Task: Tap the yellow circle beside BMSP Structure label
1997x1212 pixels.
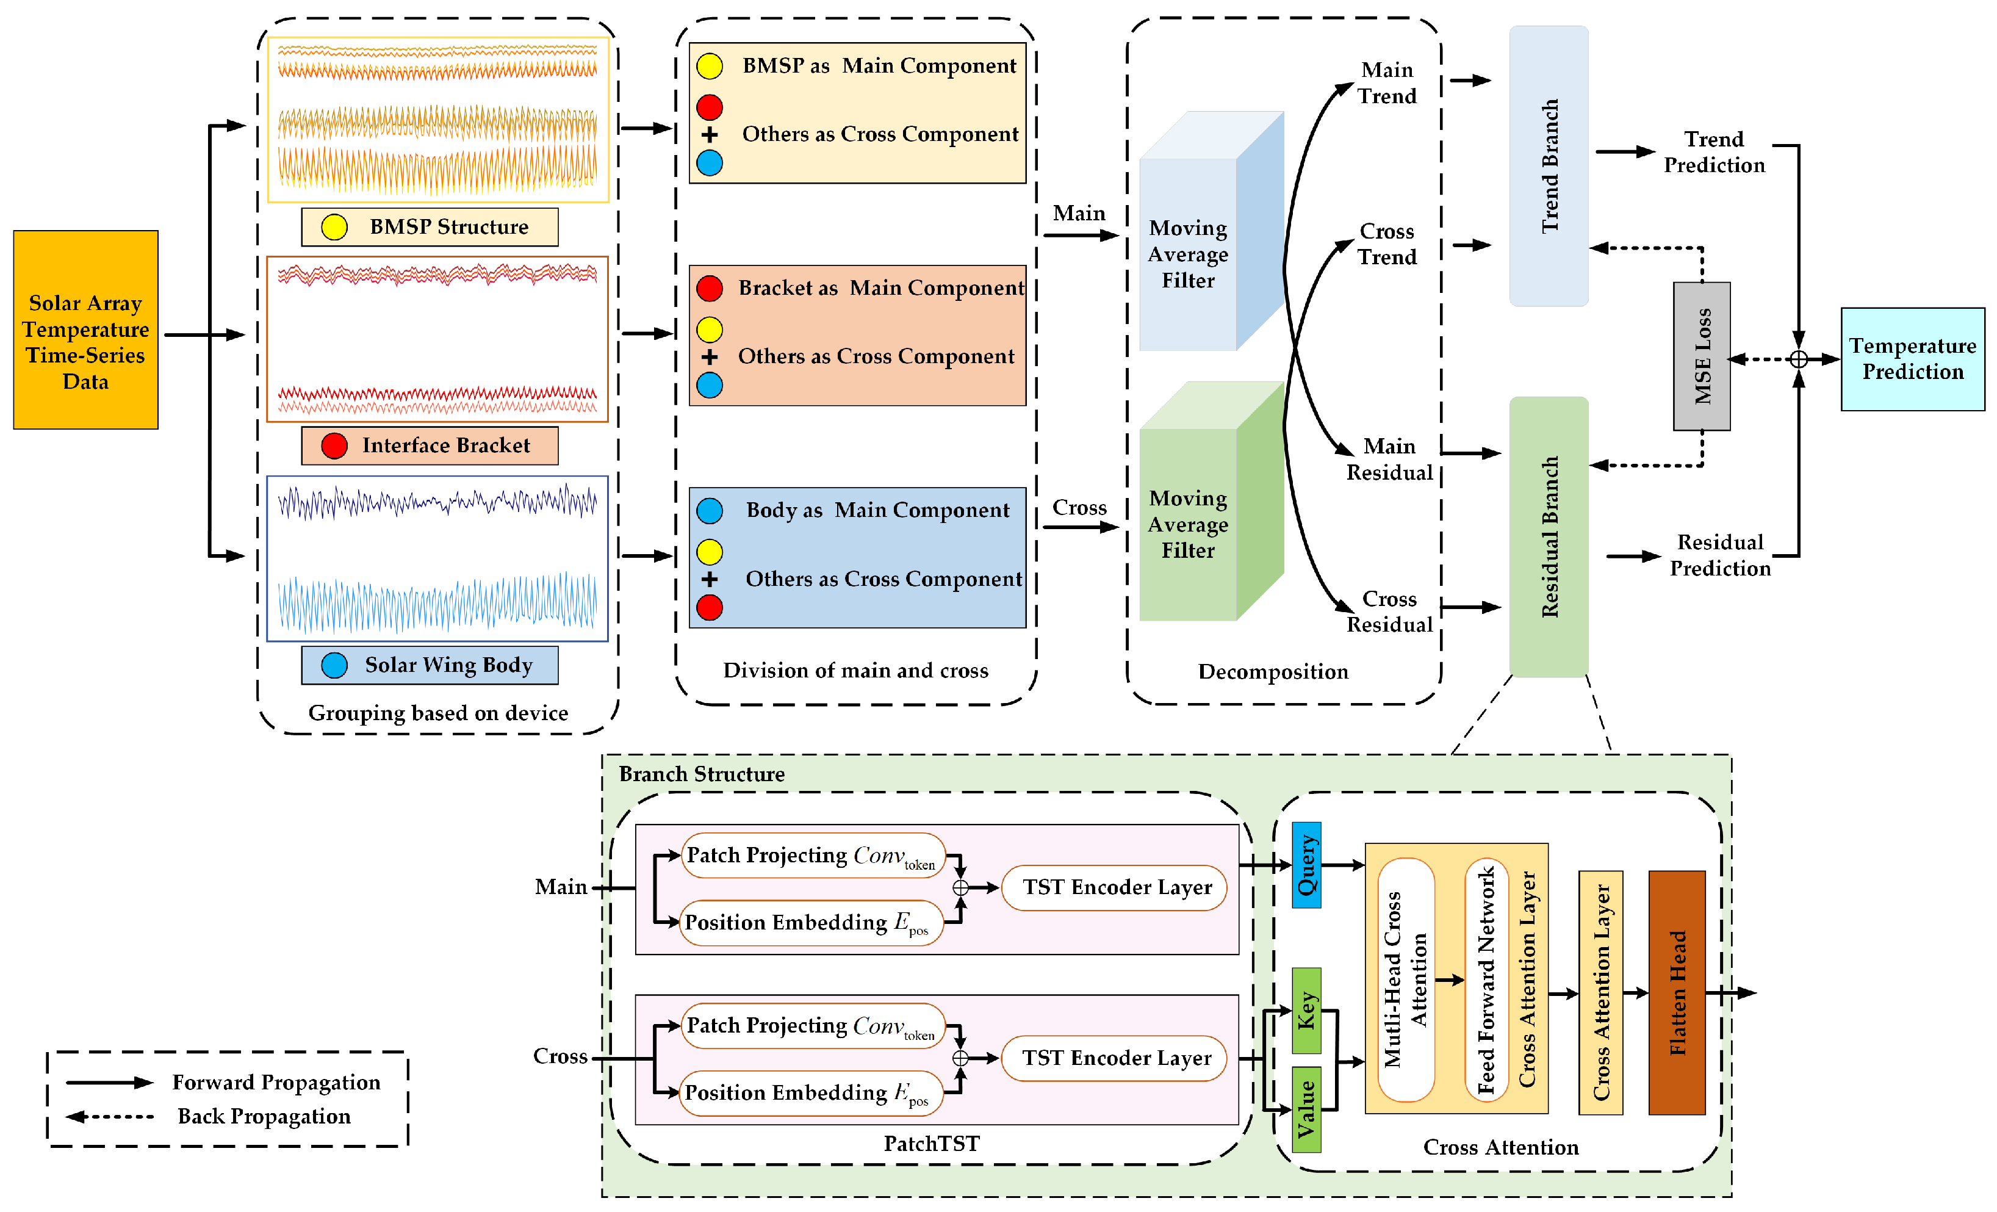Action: (x=334, y=227)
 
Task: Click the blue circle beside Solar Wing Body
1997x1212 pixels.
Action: (x=334, y=665)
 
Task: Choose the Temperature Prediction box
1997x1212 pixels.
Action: (x=1912, y=358)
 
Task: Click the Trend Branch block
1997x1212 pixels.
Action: (x=1548, y=166)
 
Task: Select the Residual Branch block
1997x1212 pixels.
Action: (x=1548, y=536)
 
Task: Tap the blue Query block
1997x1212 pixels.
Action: (x=1306, y=864)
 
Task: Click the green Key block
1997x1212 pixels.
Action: (x=1306, y=1010)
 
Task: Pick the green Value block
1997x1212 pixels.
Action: (x=1306, y=1109)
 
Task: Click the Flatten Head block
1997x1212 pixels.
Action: (x=1677, y=992)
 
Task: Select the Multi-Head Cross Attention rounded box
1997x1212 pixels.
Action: (x=1406, y=979)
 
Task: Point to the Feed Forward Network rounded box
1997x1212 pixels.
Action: (x=1486, y=979)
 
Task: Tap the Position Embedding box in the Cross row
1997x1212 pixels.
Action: (x=810, y=1093)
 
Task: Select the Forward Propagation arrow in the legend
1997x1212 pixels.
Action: (x=109, y=1082)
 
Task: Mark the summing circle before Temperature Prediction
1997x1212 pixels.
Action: (x=1799, y=359)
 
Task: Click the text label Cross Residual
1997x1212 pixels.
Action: (x=1389, y=611)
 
